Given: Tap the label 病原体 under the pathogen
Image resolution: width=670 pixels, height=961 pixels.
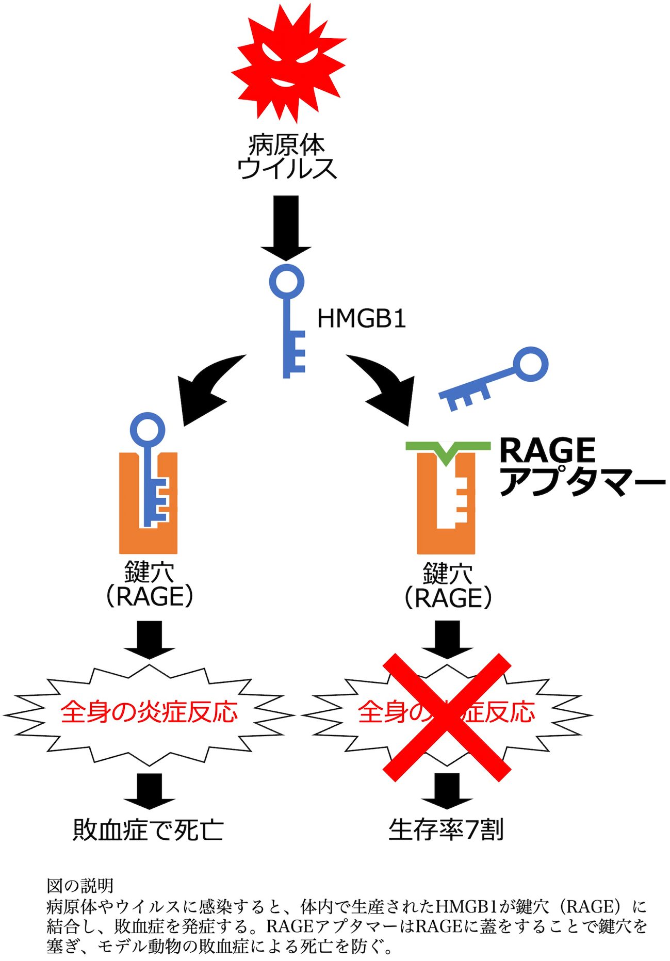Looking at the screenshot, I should click(x=287, y=145).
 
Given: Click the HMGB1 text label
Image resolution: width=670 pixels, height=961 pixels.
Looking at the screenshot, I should click(x=362, y=319).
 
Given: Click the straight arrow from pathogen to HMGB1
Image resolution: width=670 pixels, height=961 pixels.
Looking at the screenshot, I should click(x=286, y=227).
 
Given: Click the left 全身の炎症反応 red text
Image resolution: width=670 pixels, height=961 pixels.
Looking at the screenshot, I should click(x=149, y=712).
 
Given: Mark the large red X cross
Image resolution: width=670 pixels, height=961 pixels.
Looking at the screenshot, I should click(x=447, y=717).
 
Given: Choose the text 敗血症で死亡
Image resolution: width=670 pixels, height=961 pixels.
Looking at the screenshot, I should click(x=148, y=829).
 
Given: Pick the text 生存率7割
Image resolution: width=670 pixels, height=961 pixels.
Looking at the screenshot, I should click(x=446, y=829).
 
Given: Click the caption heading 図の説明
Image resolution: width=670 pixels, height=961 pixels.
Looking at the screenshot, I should click(x=80, y=886).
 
